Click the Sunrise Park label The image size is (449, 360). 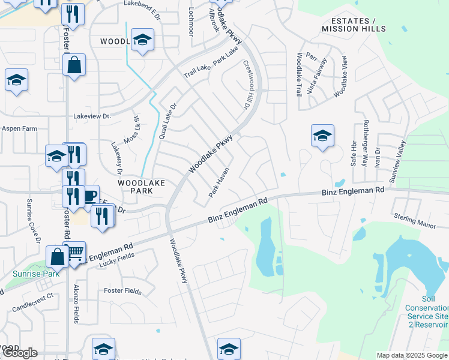coord(35,274)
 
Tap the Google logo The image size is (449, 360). coord(19,353)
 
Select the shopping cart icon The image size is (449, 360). coord(75,254)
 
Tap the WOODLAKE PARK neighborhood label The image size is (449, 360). coord(134,186)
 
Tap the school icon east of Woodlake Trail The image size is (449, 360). coord(322,136)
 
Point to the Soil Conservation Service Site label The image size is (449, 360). coord(427,307)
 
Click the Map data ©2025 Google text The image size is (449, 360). coord(412,355)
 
